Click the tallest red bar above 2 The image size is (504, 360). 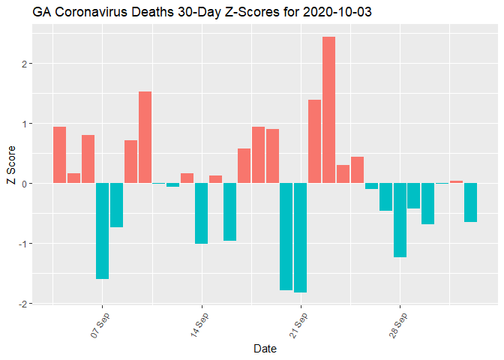tap(328, 109)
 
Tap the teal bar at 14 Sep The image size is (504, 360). tap(201, 214)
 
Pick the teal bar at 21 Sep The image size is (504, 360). tap(300, 238)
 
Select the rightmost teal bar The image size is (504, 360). tap(470, 202)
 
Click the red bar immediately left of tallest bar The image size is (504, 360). tap(314, 142)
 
